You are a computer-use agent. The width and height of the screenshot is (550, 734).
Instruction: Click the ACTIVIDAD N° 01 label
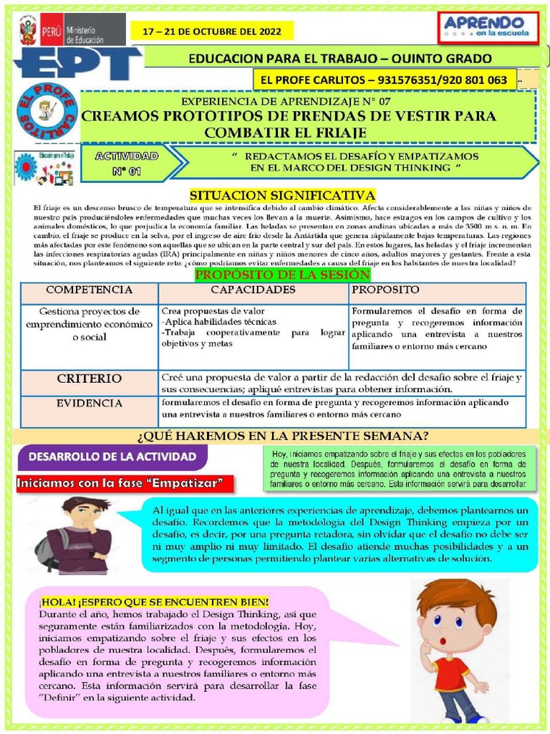point(130,163)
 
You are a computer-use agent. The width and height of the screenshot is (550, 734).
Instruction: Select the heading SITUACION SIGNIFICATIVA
point(281,195)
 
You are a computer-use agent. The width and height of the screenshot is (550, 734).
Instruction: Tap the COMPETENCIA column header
point(89,290)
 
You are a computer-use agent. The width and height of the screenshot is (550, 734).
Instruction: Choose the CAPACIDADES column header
point(253,290)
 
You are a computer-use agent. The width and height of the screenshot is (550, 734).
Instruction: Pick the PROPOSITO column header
point(385,290)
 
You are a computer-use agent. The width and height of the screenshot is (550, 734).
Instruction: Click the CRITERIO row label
point(89,378)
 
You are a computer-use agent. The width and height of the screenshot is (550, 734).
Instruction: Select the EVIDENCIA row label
point(89,404)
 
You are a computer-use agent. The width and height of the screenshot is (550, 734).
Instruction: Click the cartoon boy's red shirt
point(450,674)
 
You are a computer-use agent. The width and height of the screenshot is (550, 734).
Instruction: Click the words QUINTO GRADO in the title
point(443,58)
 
